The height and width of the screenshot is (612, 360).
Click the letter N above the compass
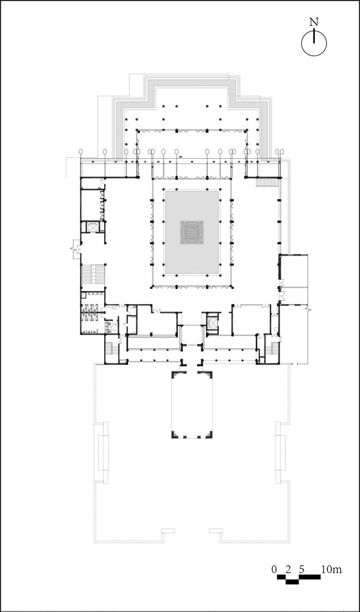tap(314, 22)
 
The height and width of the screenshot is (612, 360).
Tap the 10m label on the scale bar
tap(331, 569)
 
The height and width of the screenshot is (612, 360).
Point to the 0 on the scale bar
tap(275, 569)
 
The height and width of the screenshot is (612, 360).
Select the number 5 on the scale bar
tap(301, 569)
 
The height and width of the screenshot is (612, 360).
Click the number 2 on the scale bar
tap(288, 569)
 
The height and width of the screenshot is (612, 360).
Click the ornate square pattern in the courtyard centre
tap(192, 232)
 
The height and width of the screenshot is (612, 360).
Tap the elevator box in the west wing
tap(93, 227)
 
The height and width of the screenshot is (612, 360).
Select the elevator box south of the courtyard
tap(213, 323)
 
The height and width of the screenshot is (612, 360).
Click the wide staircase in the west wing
tap(93, 275)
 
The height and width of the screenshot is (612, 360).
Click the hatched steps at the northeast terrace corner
tap(267, 182)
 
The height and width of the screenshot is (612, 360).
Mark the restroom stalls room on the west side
tap(93, 312)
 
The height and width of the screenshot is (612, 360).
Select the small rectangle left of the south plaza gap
tap(168, 530)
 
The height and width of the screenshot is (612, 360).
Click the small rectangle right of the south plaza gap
tap(216, 530)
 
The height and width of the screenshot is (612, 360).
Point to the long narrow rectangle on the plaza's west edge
tap(104, 453)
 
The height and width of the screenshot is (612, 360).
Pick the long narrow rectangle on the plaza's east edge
tap(280, 453)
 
